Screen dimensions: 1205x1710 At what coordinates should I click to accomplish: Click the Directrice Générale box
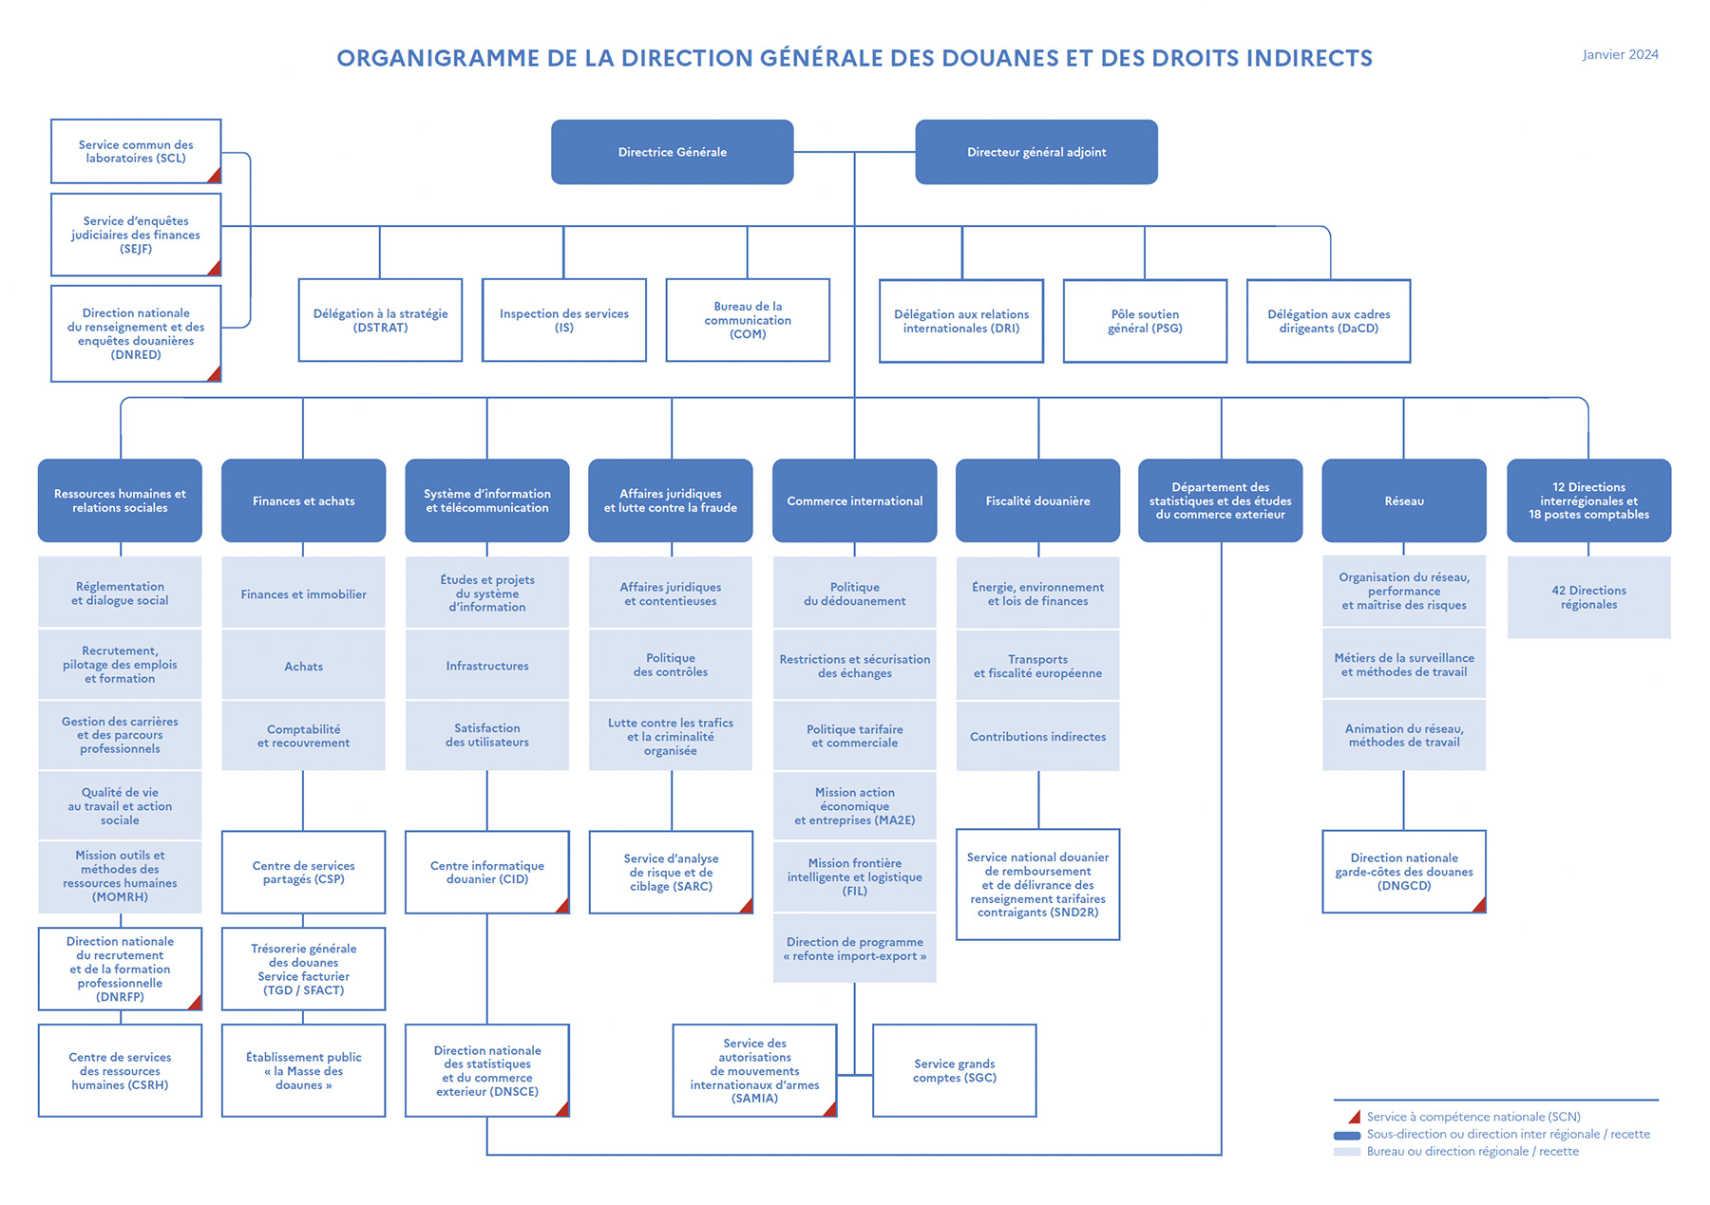click(672, 152)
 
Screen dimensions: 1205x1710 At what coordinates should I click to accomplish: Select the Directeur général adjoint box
click(1035, 152)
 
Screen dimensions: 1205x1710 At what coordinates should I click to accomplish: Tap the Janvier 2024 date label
click(1620, 55)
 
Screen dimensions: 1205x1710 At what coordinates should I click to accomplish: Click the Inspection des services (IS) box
click(563, 320)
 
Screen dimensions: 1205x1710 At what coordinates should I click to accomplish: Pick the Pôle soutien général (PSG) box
click(1145, 321)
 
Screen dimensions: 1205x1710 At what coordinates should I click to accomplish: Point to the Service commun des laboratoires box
click(136, 152)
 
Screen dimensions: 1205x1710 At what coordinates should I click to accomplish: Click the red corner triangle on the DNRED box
click(215, 374)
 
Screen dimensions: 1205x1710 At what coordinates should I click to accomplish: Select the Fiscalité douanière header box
click(1037, 500)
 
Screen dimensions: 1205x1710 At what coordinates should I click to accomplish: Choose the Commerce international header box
click(854, 500)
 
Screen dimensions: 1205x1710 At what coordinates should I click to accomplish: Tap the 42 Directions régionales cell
click(1588, 597)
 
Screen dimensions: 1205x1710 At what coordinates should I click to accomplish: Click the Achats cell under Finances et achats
click(303, 666)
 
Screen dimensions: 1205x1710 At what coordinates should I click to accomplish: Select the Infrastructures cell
click(486, 666)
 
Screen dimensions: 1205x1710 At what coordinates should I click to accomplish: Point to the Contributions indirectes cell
click(1037, 736)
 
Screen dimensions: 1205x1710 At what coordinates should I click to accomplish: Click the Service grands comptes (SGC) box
click(954, 1070)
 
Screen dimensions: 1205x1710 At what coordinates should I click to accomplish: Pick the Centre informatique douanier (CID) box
click(486, 872)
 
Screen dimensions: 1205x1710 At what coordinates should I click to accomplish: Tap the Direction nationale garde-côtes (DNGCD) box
click(1403, 871)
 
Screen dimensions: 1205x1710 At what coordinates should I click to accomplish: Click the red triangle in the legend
click(1355, 1117)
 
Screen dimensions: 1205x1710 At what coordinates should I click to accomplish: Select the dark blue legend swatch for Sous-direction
click(1346, 1135)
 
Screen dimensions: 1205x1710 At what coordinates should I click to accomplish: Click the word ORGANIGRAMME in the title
click(438, 59)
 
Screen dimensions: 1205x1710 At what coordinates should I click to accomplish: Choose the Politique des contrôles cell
click(670, 665)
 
